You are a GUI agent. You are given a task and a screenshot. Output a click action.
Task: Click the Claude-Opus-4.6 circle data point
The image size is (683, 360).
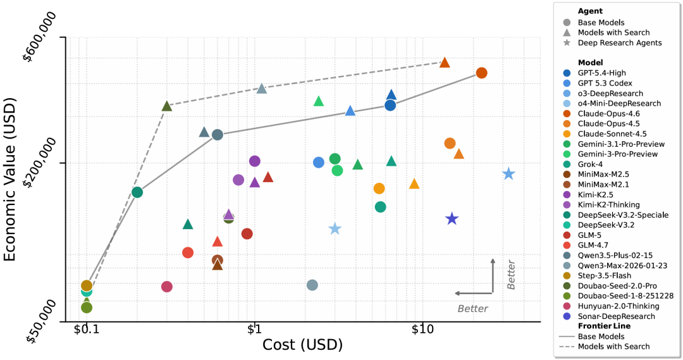click(x=481, y=73)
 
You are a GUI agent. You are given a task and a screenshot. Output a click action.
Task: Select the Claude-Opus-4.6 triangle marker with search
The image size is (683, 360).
click(x=445, y=62)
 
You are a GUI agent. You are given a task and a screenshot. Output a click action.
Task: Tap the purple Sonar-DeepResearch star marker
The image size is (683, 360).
click(x=452, y=219)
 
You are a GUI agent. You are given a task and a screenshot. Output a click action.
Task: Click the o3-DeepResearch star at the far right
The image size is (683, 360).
click(x=508, y=174)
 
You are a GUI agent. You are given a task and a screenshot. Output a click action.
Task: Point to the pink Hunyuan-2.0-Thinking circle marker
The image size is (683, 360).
click(x=167, y=287)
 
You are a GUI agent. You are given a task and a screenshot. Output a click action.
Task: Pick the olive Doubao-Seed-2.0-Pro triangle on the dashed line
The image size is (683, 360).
click(x=167, y=106)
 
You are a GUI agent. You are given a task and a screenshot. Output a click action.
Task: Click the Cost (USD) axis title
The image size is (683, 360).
click(x=302, y=345)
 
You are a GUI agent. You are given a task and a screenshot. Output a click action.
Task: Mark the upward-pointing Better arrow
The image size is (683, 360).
click(x=493, y=275)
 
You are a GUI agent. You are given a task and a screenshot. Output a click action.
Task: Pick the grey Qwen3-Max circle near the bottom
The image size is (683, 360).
click(x=312, y=285)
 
